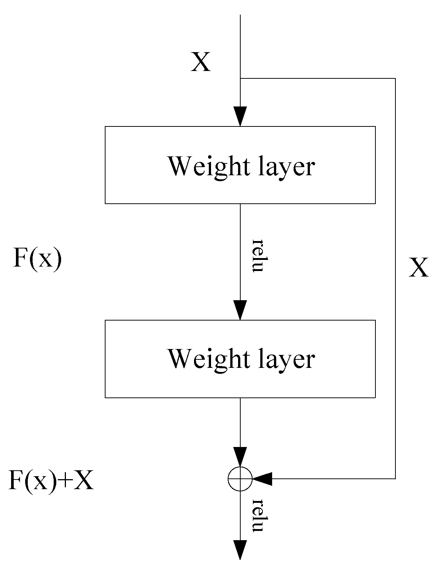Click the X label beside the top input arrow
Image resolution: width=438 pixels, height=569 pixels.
200,62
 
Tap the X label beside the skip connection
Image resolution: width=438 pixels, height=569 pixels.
418,268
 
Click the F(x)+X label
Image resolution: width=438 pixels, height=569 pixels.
51,481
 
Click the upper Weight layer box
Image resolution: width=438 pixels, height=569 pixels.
240,165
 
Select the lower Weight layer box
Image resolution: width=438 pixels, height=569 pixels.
240,359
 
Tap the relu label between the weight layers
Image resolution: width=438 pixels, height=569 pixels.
258,255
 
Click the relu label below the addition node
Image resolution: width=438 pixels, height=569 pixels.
258,515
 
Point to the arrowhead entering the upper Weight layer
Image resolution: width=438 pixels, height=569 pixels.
240,116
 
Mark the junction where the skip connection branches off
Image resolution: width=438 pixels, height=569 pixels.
241,78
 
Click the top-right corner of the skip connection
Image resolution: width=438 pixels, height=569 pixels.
395,78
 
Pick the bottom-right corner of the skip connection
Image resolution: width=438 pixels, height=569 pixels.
395,479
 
